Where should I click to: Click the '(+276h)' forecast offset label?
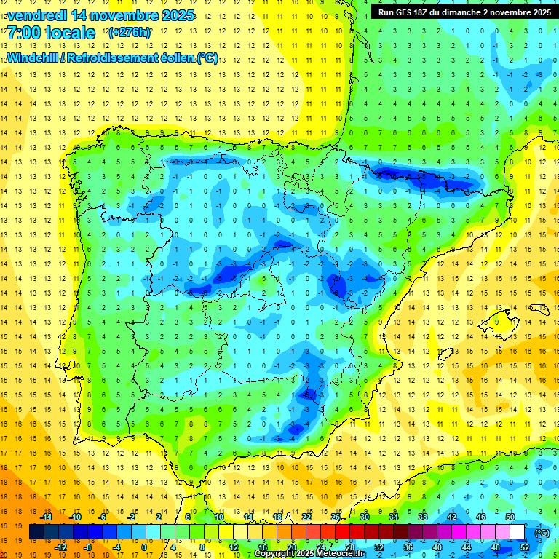pos(129,33)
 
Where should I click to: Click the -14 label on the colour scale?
pos(46,517)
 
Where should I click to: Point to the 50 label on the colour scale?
pos(510,517)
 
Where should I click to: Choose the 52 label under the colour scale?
pos(524,547)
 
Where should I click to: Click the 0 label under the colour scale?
pos(144,547)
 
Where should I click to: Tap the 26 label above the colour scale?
pos(335,517)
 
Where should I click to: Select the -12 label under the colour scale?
pos(60,547)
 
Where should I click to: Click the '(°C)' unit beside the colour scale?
pos(542,532)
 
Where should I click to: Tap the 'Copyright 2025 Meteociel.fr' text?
pos(309,554)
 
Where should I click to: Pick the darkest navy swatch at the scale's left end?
pos(36,532)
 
